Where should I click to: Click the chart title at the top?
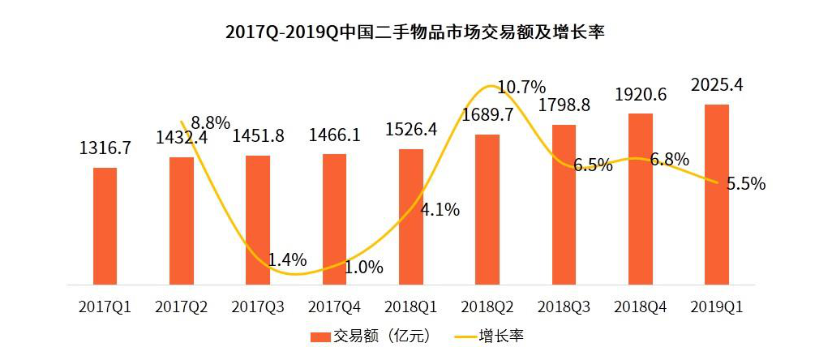tap(416, 33)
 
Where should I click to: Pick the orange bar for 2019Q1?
tap(717, 194)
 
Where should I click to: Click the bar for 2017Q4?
tap(334, 219)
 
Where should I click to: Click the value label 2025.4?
tap(716, 84)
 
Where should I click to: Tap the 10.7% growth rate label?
tap(521, 86)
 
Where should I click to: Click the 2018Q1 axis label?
tap(410, 308)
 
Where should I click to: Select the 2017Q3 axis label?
tap(258, 308)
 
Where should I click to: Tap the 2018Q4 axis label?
tap(641, 308)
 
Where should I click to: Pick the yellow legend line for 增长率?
tap(463, 336)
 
